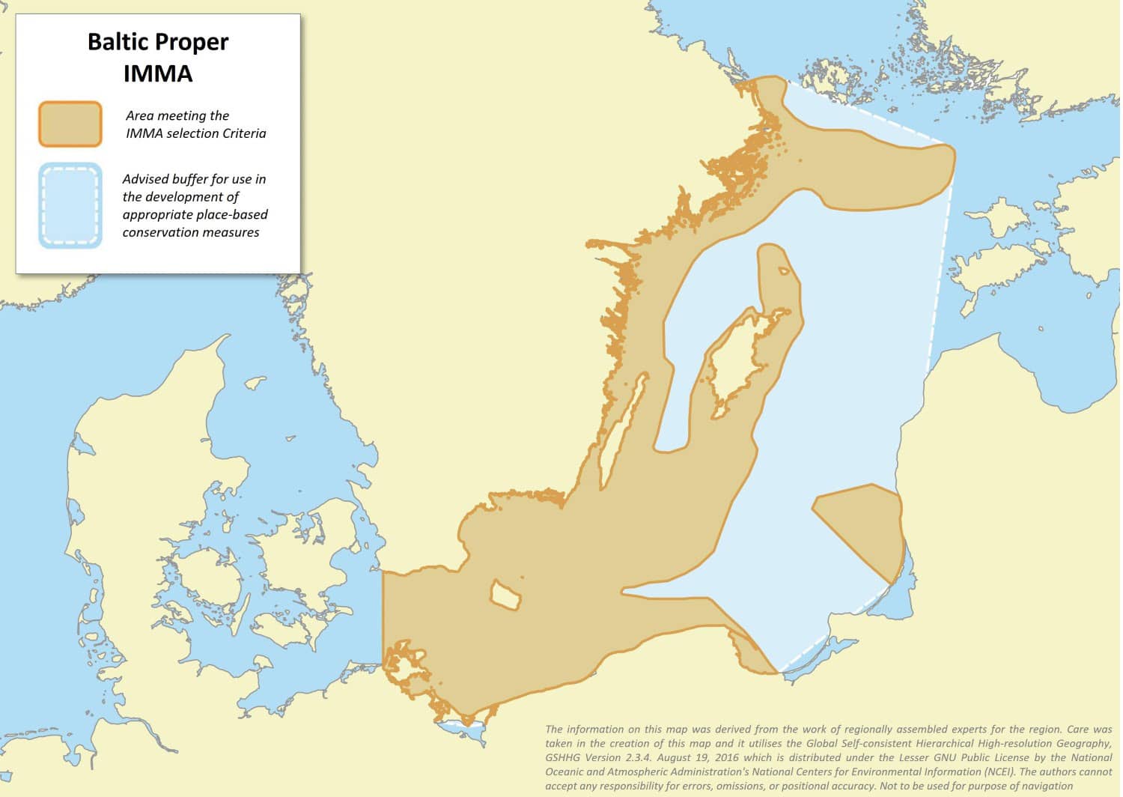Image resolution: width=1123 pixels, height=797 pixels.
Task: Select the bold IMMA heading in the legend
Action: click(158, 73)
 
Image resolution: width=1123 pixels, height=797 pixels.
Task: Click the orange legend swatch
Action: click(70, 124)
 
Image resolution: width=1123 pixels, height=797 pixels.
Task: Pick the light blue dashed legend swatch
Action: click(70, 205)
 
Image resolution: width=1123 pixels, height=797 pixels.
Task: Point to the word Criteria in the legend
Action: click(242, 133)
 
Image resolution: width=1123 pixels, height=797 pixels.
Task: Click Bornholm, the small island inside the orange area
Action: click(505, 595)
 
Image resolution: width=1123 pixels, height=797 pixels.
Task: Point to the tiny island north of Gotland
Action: click(783, 271)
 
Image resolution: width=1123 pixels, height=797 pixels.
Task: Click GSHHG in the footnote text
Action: click(564, 757)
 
